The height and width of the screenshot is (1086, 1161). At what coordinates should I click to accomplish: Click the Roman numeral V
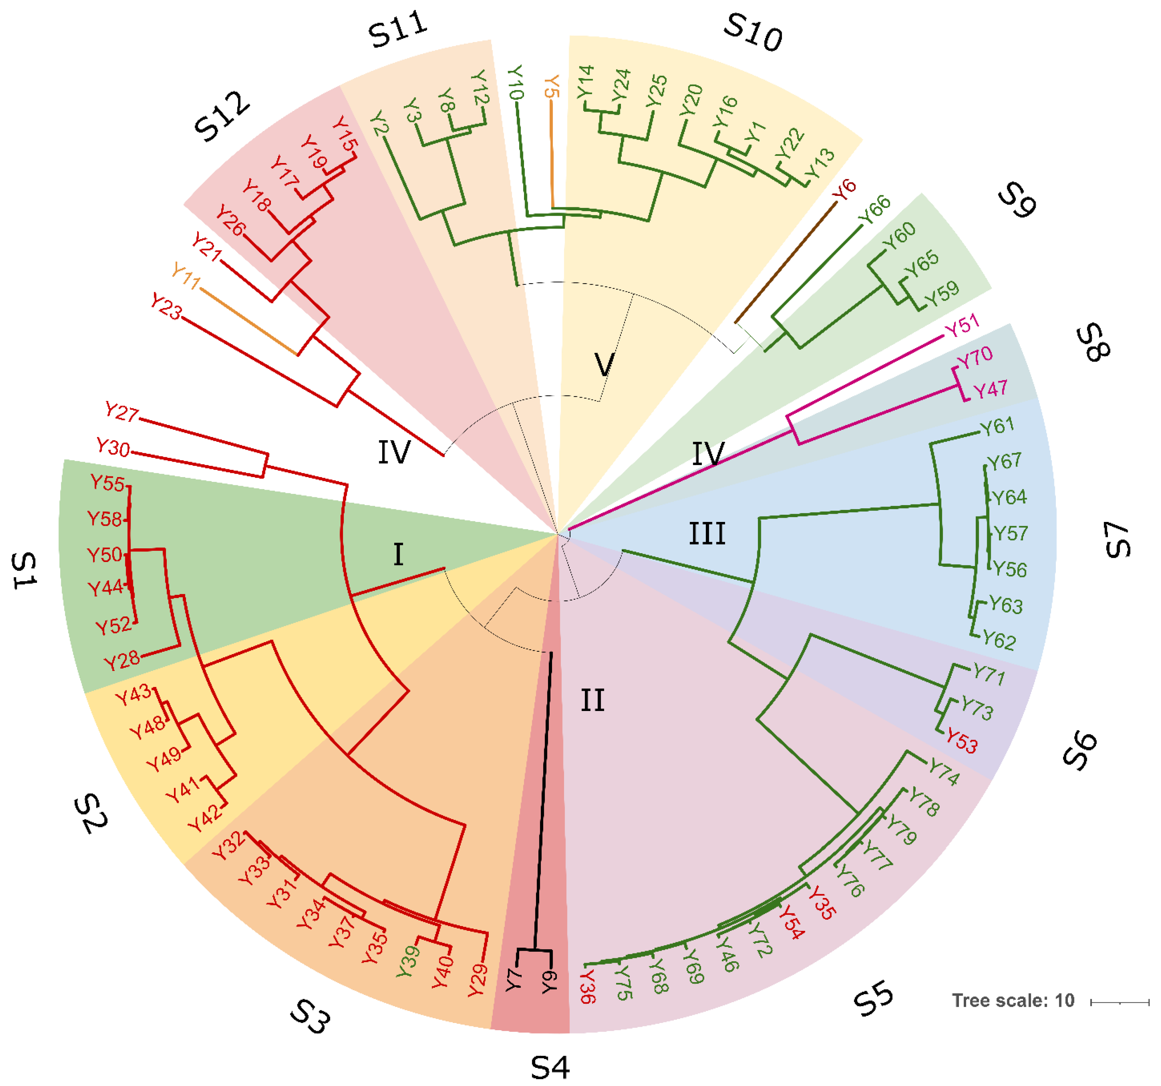pos(604,365)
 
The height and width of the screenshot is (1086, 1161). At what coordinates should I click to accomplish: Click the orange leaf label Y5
pos(552,86)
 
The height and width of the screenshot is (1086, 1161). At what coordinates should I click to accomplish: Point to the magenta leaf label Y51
pos(962,326)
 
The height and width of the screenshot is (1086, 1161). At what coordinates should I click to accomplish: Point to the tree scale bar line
pos(1120,1002)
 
